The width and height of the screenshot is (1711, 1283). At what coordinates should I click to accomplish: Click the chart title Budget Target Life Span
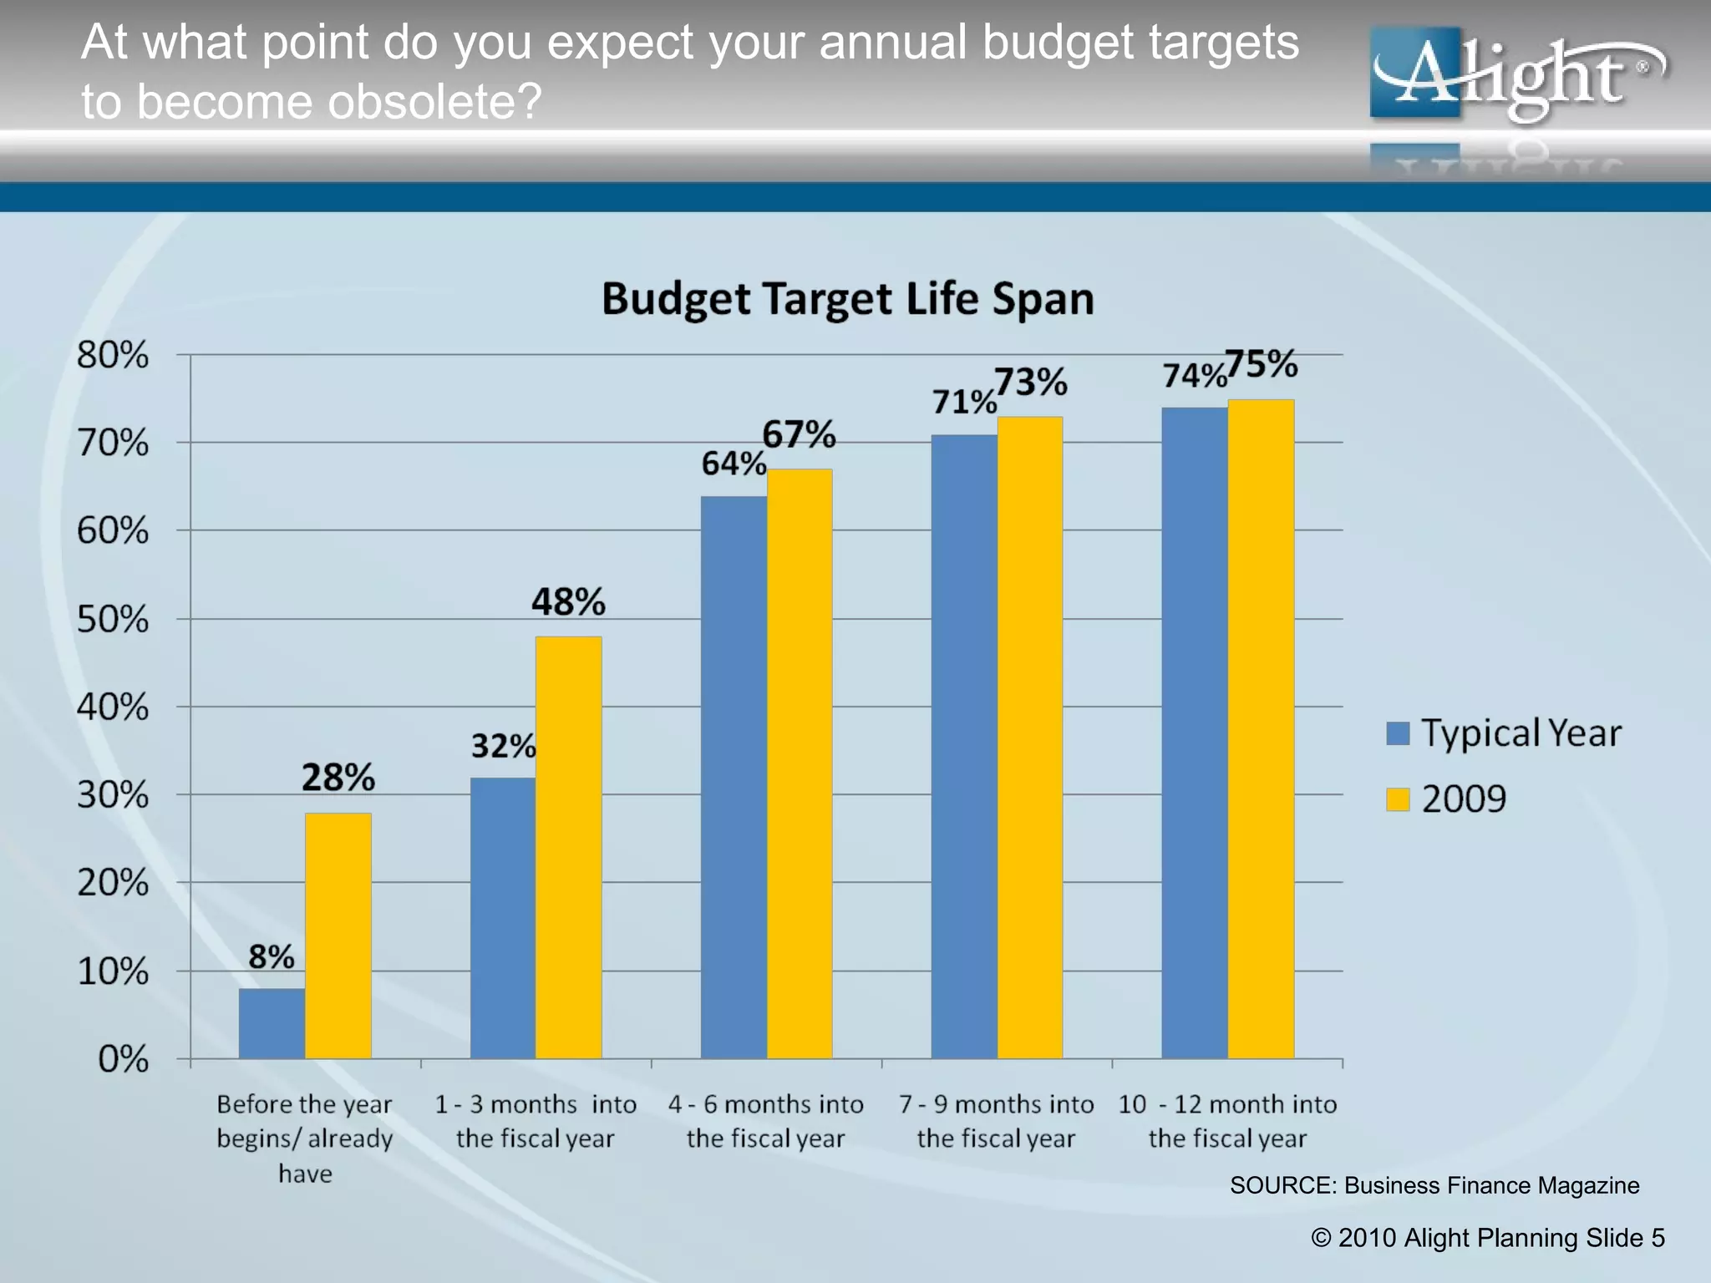[x=847, y=299]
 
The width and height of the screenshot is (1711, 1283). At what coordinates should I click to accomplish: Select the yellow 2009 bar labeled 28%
[x=338, y=936]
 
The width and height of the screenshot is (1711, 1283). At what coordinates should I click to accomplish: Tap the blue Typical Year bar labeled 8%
[x=272, y=1023]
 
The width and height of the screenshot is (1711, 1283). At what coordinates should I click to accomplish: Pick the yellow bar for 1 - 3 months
[x=568, y=848]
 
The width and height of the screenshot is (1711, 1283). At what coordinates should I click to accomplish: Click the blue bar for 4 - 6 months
[x=734, y=777]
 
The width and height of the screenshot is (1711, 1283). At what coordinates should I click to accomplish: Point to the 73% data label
[x=1031, y=383]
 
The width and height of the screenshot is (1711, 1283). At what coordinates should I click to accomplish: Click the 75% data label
[x=1262, y=364]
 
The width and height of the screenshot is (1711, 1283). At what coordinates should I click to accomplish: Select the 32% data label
[x=503, y=746]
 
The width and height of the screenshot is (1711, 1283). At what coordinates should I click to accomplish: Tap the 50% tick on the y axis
[x=113, y=620]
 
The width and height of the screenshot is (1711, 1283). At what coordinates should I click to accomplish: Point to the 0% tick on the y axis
[x=123, y=1059]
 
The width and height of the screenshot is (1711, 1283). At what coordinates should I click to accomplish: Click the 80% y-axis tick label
[x=113, y=355]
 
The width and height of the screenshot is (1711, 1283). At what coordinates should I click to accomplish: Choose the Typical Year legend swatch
[x=1398, y=733]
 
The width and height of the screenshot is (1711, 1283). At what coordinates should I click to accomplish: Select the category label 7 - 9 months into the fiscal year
[x=996, y=1121]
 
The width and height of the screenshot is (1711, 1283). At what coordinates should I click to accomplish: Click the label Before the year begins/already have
[x=305, y=1138]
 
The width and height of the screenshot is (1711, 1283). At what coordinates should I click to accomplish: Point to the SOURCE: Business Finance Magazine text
[x=1434, y=1185]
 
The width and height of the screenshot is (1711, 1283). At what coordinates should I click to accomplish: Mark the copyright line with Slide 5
[x=1488, y=1238]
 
